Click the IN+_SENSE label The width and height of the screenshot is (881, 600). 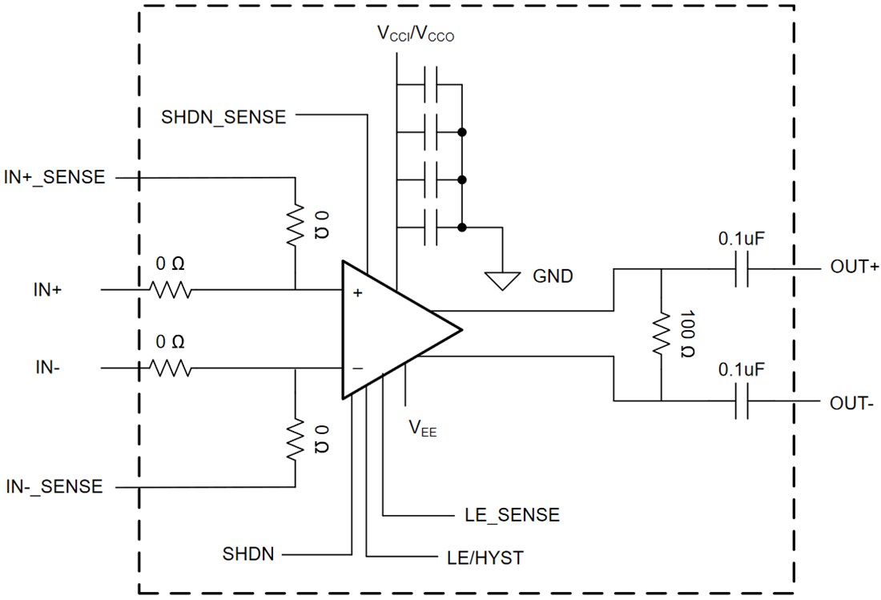pyautogui.click(x=54, y=177)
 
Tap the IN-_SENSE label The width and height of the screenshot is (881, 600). pyautogui.click(x=54, y=486)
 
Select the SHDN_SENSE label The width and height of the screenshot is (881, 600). pyautogui.click(x=223, y=116)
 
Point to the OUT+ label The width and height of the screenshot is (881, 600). pyautogui.click(x=854, y=267)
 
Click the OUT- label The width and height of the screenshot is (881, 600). pyautogui.click(x=852, y=403)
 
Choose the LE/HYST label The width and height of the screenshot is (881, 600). pyautogui.click(x=485, y=558)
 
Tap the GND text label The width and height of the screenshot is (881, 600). pyautogui.click(x=553, y=277)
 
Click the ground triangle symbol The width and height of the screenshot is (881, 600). pyautogui.click(x=501, y=280)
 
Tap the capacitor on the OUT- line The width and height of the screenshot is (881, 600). pyautogui.click(x=741, y=401)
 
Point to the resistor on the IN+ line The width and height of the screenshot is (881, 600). pyautogui.click(x=169, y=289)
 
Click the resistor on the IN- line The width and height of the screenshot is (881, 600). pyautogui.click(x=169, y=368)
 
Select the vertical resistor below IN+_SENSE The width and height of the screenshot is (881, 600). pyautogui.click(x=295, y=227)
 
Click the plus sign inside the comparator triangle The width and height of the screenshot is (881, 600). pyautogui.click(x=357, y=293)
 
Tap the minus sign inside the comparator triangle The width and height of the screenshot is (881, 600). pyautogui.click(x=357, y=368)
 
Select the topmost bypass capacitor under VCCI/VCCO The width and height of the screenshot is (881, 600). pyautogui.click(x=430, y=83)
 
